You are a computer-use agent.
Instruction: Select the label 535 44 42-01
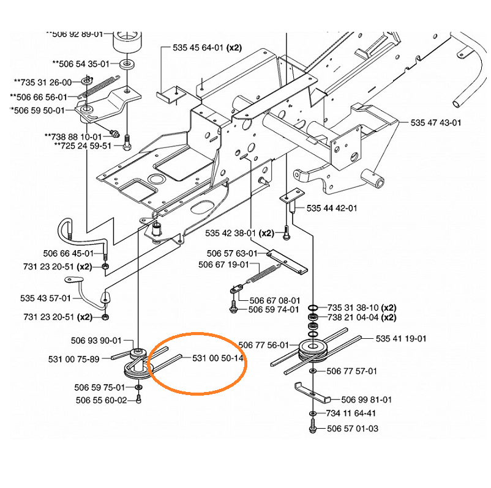(x=332, y=209)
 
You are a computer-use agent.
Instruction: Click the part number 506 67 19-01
(x=224, y=265)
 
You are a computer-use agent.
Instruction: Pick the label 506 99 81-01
(x=367, y=399)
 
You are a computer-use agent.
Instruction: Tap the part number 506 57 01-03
(x=352, y=428)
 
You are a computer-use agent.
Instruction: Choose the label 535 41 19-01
(x=401, y=338)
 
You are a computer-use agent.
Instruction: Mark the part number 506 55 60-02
(x=101, y=400)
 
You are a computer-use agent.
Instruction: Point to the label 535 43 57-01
(x=45, y=298)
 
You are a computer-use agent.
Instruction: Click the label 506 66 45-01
(x=69, y=253)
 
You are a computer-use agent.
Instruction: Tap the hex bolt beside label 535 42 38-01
(x=285, y=234)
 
